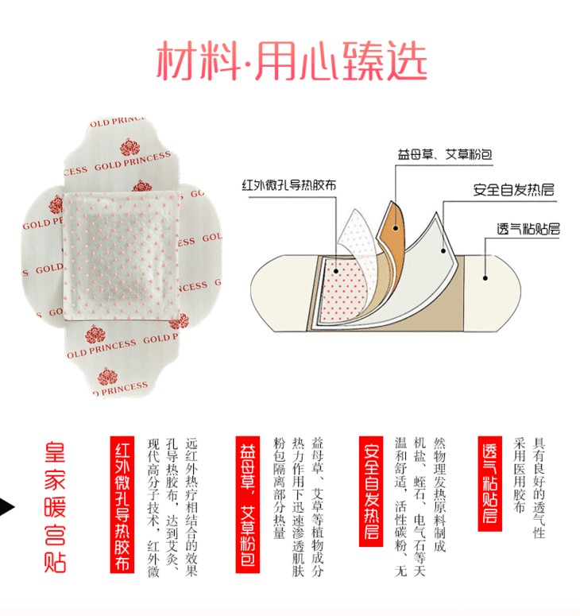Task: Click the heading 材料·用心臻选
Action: tap(292, 61)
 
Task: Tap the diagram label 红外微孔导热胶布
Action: tap(289, 185)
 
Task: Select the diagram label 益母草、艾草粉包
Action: tap(445, 155)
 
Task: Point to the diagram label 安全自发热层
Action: tap(513, 190)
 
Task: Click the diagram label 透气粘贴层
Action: tap(528, 229)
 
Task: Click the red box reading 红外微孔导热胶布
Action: tap(122, 505)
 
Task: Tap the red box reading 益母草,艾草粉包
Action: tap(247, 505)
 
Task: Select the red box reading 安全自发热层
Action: tap(371, 491)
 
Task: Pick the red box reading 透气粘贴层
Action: tap(489, 483)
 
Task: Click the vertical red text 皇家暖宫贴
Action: tap(55, 507)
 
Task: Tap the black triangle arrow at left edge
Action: tap(6, 507)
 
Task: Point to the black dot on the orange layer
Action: tap(396, 228)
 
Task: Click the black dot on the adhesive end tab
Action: tap(485, 278)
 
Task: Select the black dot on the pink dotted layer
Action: tap(336, 271)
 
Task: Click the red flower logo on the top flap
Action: tap(130, 147)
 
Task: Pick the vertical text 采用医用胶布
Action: tap(519, 475)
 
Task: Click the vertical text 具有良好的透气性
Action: tap(539, 487)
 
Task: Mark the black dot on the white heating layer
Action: tap(443, 250)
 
